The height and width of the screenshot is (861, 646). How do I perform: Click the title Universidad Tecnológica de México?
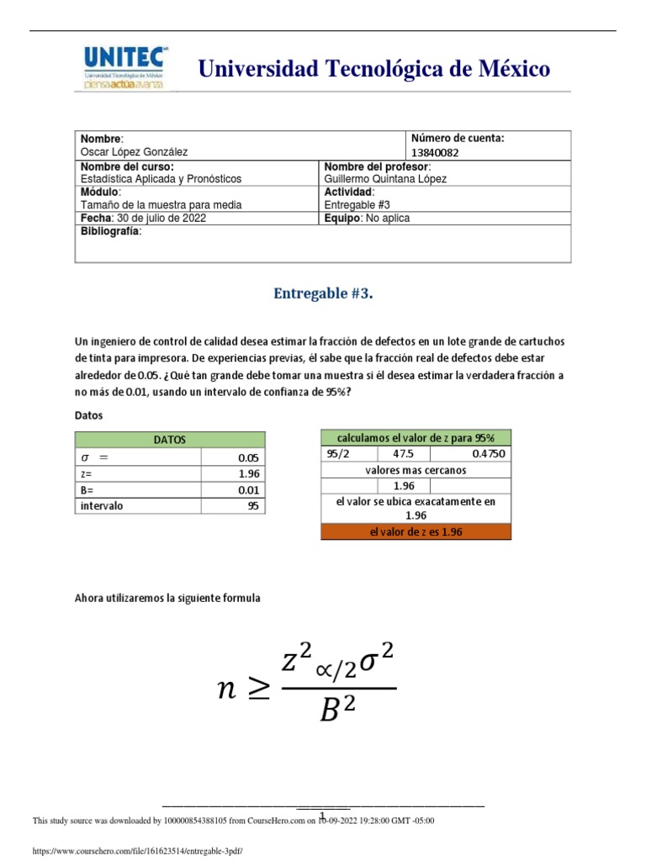click(x=373, y=69)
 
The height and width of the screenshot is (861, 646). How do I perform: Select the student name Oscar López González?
click(x=134, y=152)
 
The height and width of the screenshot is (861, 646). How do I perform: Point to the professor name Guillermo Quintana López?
click(x=385, y=179)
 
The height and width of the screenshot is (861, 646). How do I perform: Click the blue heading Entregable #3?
click(x=323, y=293)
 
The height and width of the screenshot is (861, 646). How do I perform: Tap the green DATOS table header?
click(x=170, y=440)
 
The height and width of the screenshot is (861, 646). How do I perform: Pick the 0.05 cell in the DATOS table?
click(x=249, y=458)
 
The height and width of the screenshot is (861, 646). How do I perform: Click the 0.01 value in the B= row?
click(x=249, y=490)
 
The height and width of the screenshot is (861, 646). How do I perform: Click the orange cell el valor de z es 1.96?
click(x=416, y=532)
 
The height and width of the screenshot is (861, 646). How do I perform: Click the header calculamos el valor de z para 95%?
click(x=416, y=438)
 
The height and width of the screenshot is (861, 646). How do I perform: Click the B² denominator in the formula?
click(x=338, y=711)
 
